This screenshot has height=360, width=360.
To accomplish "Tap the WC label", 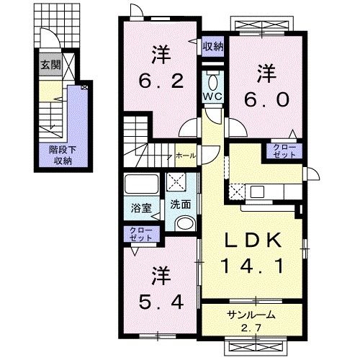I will (212, 96).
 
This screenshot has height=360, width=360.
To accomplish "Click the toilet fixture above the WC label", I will (212, 78).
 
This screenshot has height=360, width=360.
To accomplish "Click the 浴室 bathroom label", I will (141, 209).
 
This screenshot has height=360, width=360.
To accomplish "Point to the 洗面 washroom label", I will (180, 204).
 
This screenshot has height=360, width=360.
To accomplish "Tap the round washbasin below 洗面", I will (184, 222).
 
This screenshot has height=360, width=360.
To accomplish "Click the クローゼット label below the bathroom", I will (142, 233).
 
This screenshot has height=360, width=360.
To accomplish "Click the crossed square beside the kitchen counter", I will (237, 191).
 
